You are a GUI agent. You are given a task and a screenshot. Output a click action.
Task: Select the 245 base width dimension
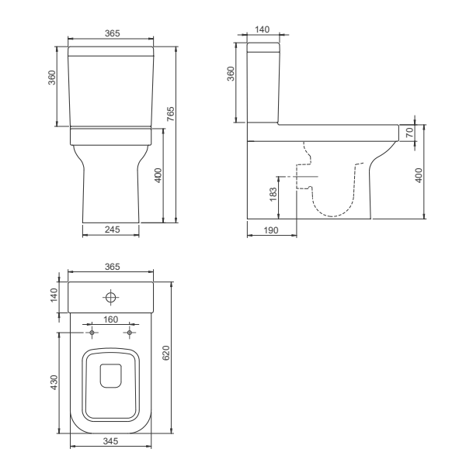(x=111, y=229)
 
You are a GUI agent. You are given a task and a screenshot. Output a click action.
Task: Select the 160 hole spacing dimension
(x=111, y=319)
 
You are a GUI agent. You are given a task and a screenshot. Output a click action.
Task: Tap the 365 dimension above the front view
(x=111, y=33)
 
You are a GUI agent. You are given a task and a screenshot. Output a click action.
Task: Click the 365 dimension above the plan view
(x=111, y=266)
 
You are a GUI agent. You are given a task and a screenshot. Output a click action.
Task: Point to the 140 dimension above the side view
(x=262, y=29)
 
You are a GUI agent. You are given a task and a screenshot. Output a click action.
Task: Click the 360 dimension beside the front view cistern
(x=52, y=81)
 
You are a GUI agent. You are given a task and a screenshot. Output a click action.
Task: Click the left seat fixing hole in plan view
(x=92, y=332)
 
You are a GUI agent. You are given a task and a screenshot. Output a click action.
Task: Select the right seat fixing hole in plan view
(x=130, y=332)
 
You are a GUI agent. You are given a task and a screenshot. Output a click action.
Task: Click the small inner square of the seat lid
(x=111, y=375)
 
